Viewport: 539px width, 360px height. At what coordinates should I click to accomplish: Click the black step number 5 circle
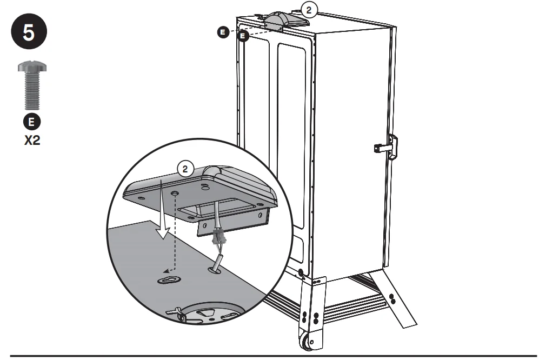[x=29, y=32]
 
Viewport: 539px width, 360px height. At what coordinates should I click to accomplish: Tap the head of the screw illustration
[x=32, y=66]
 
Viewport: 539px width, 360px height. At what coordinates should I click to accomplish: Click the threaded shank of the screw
[x=32, y=90]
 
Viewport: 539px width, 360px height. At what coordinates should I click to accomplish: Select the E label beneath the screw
[x=31, y=122]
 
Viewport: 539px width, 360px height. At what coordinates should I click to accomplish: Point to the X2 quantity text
[x=32, y=141]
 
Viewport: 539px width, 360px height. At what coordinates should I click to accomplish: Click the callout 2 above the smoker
[x=309, y=10]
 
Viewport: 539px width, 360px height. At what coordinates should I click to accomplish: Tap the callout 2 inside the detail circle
[x=185, y=169]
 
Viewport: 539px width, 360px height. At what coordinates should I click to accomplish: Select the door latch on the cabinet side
[x=387, y=147]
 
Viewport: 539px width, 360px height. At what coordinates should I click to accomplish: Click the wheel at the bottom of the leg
[x=307, y=342]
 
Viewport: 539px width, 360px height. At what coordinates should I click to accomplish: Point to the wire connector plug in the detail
[x=217, y=237]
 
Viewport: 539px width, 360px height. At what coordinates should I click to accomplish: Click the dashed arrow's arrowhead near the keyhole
[x=166, y=271]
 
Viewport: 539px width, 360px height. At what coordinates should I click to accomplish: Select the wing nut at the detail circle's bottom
[x=176, y=312]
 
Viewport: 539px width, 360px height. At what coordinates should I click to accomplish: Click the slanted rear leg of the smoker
[x=393, y=298]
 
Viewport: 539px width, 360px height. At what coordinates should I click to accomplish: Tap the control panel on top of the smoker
[x=286, y=21]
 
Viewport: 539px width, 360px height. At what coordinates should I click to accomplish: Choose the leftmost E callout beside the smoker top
[x=223, y=32]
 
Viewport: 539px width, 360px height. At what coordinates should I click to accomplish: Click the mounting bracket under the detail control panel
[x=232, y=223]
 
